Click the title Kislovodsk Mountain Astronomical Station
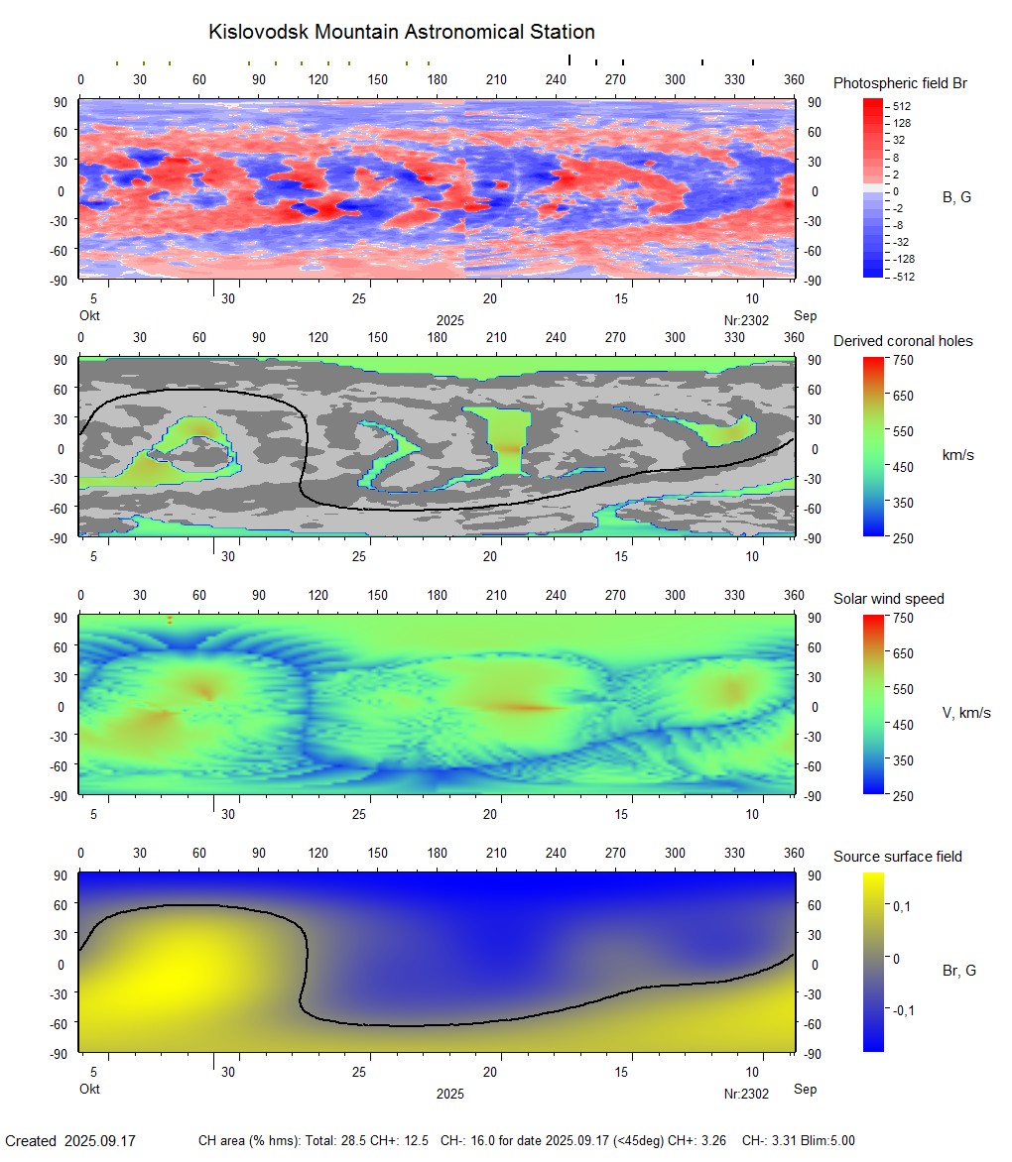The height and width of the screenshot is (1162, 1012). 401,33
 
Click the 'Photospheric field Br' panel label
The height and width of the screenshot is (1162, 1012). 900,83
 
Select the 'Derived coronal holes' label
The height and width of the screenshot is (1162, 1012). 903,341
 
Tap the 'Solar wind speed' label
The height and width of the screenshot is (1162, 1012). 888,599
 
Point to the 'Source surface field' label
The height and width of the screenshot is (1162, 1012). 897,857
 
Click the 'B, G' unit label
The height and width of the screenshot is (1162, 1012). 956,197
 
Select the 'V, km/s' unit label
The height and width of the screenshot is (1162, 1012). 965,713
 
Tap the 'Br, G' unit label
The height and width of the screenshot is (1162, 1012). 959,971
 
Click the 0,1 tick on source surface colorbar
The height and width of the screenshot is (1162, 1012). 904,906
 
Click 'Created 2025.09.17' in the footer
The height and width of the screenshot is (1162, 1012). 70,1141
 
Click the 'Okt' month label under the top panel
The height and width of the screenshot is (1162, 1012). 89,315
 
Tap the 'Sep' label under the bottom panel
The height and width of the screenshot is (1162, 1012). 805,1089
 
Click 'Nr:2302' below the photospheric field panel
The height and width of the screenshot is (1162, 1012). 746,320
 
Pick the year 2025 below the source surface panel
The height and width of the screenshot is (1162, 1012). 449,1094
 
